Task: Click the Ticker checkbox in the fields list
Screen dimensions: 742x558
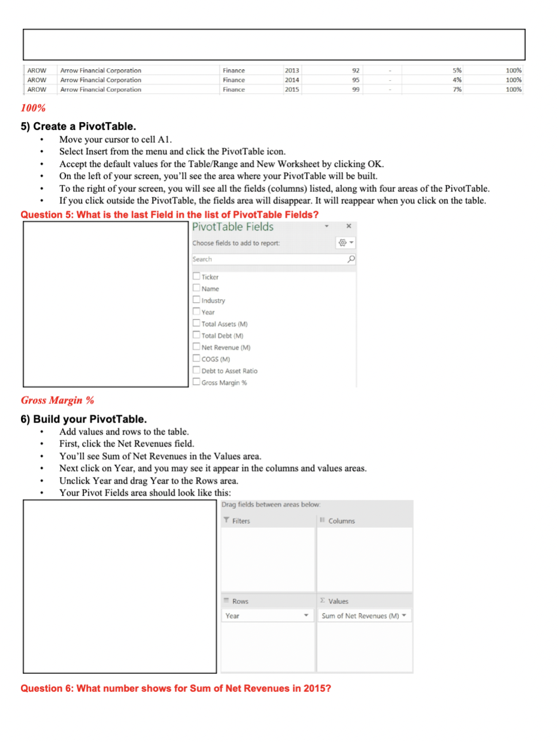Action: pos(196,276)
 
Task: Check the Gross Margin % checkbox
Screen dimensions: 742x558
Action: pos(196,382)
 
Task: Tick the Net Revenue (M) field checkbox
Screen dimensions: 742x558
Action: pos(196,347)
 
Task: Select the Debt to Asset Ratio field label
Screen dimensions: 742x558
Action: pos(229,371)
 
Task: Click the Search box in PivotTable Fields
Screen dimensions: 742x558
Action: pos(269,259)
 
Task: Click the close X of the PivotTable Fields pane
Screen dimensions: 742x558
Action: pos(348,227)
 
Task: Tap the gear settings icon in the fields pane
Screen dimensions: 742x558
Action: pos(343,243)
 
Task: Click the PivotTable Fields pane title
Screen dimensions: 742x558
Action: pos(233,227)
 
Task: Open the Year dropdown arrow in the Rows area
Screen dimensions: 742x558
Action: pos(307,616)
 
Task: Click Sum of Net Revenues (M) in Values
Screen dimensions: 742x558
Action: pos(360,616)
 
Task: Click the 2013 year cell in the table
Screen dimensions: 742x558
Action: pos(292,71)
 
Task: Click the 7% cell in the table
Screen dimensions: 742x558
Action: pos(457,90)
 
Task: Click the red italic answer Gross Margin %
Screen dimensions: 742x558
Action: pos(57,400)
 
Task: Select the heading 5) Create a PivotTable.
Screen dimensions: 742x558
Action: pos(78,126)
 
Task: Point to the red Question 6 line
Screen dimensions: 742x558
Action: pos(176,688)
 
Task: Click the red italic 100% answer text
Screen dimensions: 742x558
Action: pos(33,108)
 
